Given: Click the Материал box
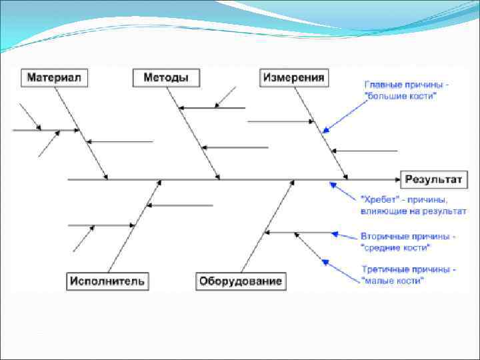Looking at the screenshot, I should coord(54,78).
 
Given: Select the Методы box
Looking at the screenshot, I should coord(166,78).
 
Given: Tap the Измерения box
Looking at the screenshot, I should coord(294,78).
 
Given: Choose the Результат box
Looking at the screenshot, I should coord(432,179).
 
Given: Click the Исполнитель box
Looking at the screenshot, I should coord(107,281).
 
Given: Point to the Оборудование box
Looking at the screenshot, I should coord(241,281).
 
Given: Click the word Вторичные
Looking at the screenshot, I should coord(383,237).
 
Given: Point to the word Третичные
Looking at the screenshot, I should coord(383,270).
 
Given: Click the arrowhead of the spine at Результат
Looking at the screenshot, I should coord(396,179).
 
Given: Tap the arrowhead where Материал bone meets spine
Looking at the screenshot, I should coord(105,177).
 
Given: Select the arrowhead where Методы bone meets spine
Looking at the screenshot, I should coord(217,177).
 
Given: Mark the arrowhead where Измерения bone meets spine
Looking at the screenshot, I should coord(345,177).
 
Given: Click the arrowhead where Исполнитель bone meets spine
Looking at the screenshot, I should coord(159,182).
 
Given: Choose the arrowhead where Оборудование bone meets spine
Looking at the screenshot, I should coord(291,182).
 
